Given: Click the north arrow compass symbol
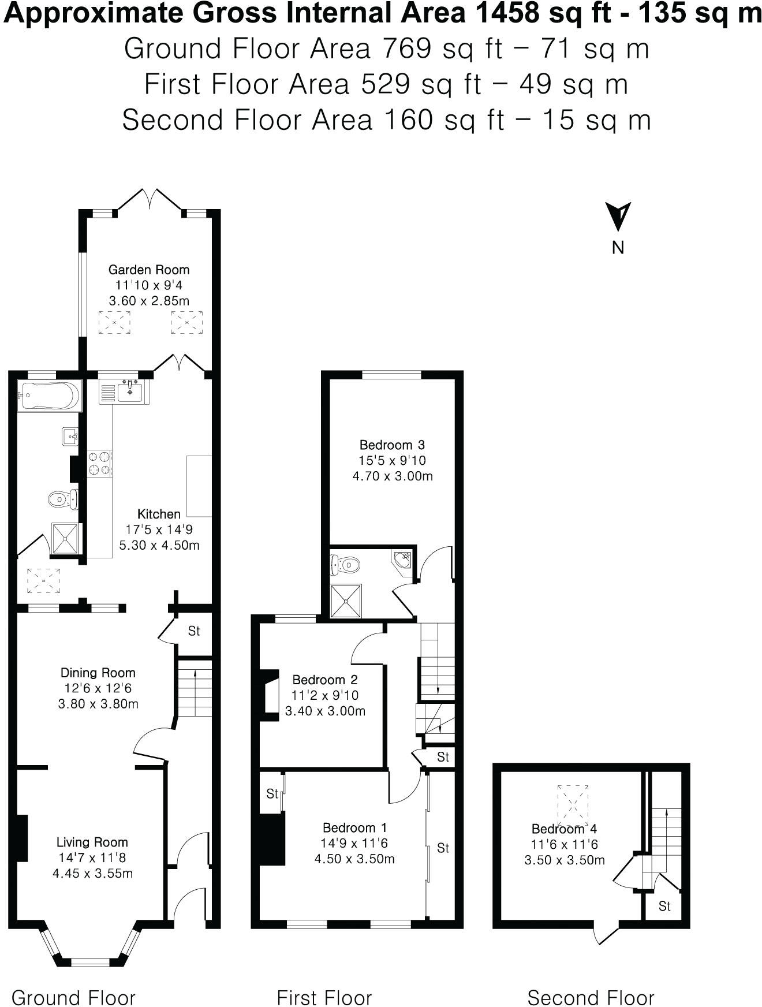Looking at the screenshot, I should pos(618,217).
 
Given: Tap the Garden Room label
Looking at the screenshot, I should pos(149,270).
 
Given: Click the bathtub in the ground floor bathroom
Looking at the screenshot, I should pos(48,396).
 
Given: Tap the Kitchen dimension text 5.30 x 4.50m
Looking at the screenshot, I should pos(159,545).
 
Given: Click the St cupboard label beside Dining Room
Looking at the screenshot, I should pos(194,631).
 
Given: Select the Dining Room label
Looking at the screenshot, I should pos(98,673).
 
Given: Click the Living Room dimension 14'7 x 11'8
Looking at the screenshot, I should pos(92,858).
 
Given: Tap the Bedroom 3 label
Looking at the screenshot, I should pos(392,445).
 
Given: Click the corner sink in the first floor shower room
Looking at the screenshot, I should pos(404,559).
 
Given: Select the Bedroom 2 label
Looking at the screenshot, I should pos(325,680).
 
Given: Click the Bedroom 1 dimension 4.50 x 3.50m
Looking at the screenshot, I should pos(354,859).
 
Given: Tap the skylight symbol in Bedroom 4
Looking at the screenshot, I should pos(573,801).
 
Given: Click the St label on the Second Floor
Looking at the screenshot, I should pos(664,907).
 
